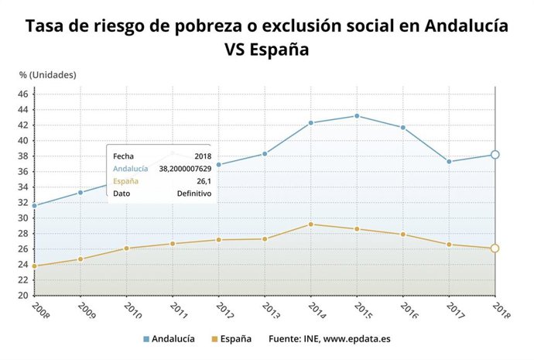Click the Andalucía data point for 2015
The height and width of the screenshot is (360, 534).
pos(357,116)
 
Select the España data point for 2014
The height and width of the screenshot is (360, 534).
pos(310,225)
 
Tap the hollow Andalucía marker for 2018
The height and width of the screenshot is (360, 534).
pos(495,155)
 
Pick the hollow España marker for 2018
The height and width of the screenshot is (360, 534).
pos(495,249)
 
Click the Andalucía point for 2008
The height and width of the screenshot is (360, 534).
pos(34,206)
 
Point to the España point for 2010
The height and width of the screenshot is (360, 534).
pos(126,248)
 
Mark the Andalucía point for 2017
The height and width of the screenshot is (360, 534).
pos(449,162)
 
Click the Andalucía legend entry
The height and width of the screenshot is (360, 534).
pos(169,339)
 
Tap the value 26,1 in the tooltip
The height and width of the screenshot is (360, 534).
pos(203,180)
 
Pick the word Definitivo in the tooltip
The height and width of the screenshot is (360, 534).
pos(193,193)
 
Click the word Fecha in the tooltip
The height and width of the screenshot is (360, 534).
pos(123,156)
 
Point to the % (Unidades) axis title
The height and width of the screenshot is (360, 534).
pos(48,75)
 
